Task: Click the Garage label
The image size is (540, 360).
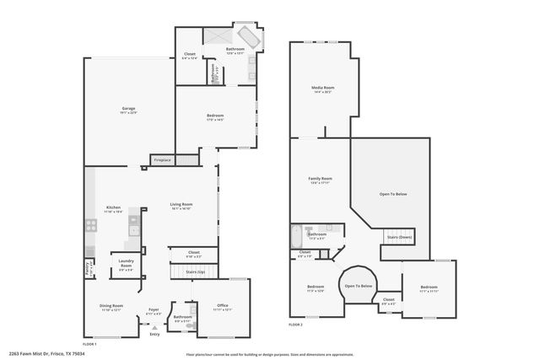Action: click(128, 109)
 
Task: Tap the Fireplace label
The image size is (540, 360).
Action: click(162, 159)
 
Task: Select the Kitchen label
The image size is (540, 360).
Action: click(113, 208)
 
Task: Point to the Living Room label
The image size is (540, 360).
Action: click(181, 204)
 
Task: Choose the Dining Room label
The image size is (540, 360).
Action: click(111, 306)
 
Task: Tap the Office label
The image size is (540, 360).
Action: click(223, 306)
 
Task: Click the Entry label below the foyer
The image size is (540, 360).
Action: click(154, 335)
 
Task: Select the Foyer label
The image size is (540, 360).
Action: click(154, 309)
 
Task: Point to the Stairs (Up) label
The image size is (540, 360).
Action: click(194, 272)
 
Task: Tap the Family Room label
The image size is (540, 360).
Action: click(320, 179)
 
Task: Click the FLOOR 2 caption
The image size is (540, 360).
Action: click(295, 325)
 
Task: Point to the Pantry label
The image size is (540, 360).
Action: click(88, 269)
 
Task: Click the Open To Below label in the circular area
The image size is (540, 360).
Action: click(359, 286)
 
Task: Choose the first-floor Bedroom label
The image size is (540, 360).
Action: click(216, 116)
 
